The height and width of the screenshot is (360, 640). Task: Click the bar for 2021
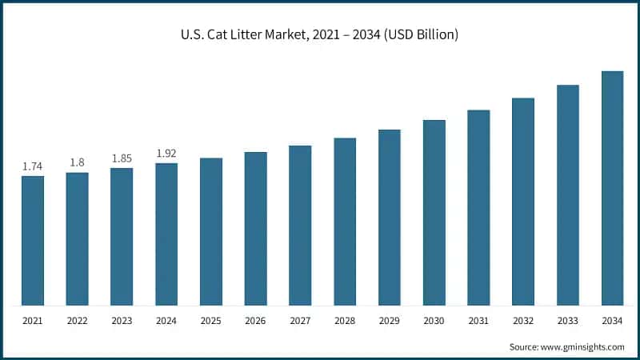point(33,241)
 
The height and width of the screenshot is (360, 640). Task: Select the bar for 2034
point(612,188)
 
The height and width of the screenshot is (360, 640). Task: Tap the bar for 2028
point(345,222)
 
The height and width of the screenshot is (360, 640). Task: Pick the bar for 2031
point(478,208)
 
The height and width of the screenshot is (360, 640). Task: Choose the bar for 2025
point(211,232)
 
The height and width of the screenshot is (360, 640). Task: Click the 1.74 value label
point(33,166)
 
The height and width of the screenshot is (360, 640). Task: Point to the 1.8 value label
point(78,162)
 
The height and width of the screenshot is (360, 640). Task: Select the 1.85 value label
point(122,158)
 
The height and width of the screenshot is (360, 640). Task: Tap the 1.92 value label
point(166,153)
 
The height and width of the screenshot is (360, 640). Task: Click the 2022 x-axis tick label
point(78,321)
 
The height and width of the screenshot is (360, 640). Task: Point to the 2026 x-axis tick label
point(256,321)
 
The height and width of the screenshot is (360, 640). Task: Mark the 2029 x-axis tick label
point(390,321)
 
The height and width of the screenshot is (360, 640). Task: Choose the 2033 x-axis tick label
point(568,321)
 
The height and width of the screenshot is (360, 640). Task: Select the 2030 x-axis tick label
point(434,321)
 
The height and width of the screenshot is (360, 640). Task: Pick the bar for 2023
point(122,237)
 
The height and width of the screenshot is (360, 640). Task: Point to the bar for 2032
point(523,202)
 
